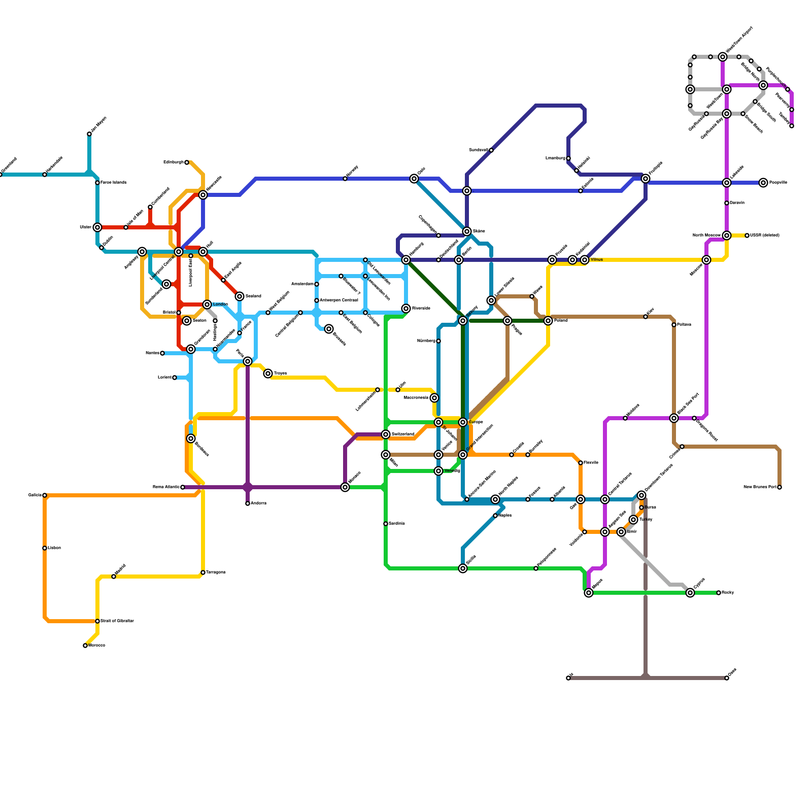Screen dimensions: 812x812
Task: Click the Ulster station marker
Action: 97,227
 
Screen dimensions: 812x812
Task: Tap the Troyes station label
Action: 280,374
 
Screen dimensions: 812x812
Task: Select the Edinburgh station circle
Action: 187,162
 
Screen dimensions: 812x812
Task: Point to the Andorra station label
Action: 258,503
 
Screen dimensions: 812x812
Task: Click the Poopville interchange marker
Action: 763,183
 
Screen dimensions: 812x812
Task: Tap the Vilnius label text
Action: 596,260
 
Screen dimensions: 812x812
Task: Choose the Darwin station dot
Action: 727,203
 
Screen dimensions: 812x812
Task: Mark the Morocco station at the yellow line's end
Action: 85,646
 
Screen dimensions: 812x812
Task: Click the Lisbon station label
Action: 54,548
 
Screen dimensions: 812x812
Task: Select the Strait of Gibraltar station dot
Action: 97,621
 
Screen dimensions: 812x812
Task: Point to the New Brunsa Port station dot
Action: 780,487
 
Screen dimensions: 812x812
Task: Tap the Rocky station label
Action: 728,593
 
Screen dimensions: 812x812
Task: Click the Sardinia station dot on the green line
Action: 386,524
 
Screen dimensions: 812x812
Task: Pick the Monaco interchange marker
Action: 345,487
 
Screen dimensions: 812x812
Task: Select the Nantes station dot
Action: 162,353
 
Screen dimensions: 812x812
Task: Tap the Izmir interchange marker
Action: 621,532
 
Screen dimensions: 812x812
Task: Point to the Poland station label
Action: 561,321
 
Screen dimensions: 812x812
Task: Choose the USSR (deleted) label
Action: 765,235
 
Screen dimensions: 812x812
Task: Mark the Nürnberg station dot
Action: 438,341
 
